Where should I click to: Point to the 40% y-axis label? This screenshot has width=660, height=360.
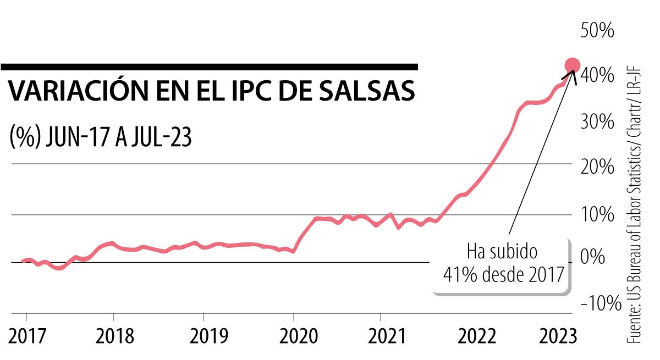click(597, 75)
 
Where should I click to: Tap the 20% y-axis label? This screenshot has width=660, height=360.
click(597, 167)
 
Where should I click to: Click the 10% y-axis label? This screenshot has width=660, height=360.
click(597, 214)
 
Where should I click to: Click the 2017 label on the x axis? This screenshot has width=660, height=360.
click(26, 336)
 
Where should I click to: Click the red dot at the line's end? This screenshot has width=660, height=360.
click(572, 65)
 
